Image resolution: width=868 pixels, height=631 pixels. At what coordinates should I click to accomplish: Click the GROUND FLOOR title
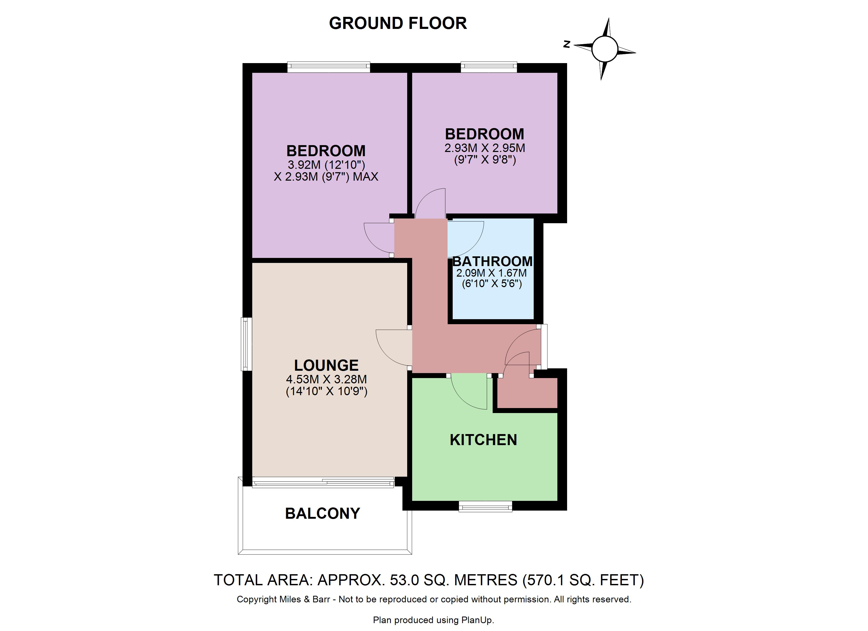(x=398, y=23)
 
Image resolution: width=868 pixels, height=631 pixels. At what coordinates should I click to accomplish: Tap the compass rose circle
(x=605, y=49)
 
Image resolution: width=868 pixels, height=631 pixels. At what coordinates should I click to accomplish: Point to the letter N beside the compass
(x=567, y=44)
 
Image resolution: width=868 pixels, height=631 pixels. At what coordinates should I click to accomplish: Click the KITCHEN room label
(x=483, y=440)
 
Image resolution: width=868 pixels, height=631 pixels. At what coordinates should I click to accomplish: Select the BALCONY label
(x=323, y=513)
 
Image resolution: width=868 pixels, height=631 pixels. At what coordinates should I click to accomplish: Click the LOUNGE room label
(x=326, y=365)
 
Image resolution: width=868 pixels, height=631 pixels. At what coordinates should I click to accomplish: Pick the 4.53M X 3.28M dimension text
(x=326, y=379)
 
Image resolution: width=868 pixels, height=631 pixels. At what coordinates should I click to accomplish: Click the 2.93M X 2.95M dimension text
(x=485, y=148)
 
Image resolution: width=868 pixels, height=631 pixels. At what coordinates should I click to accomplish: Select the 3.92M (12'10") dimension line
(x=326, y=165)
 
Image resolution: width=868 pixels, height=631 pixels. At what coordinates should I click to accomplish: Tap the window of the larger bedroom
(x=329, y=67)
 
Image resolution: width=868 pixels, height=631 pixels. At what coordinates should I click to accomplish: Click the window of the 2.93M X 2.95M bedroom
(x=489, y=67)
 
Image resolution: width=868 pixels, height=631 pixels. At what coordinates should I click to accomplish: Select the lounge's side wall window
(x=246, y=344)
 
